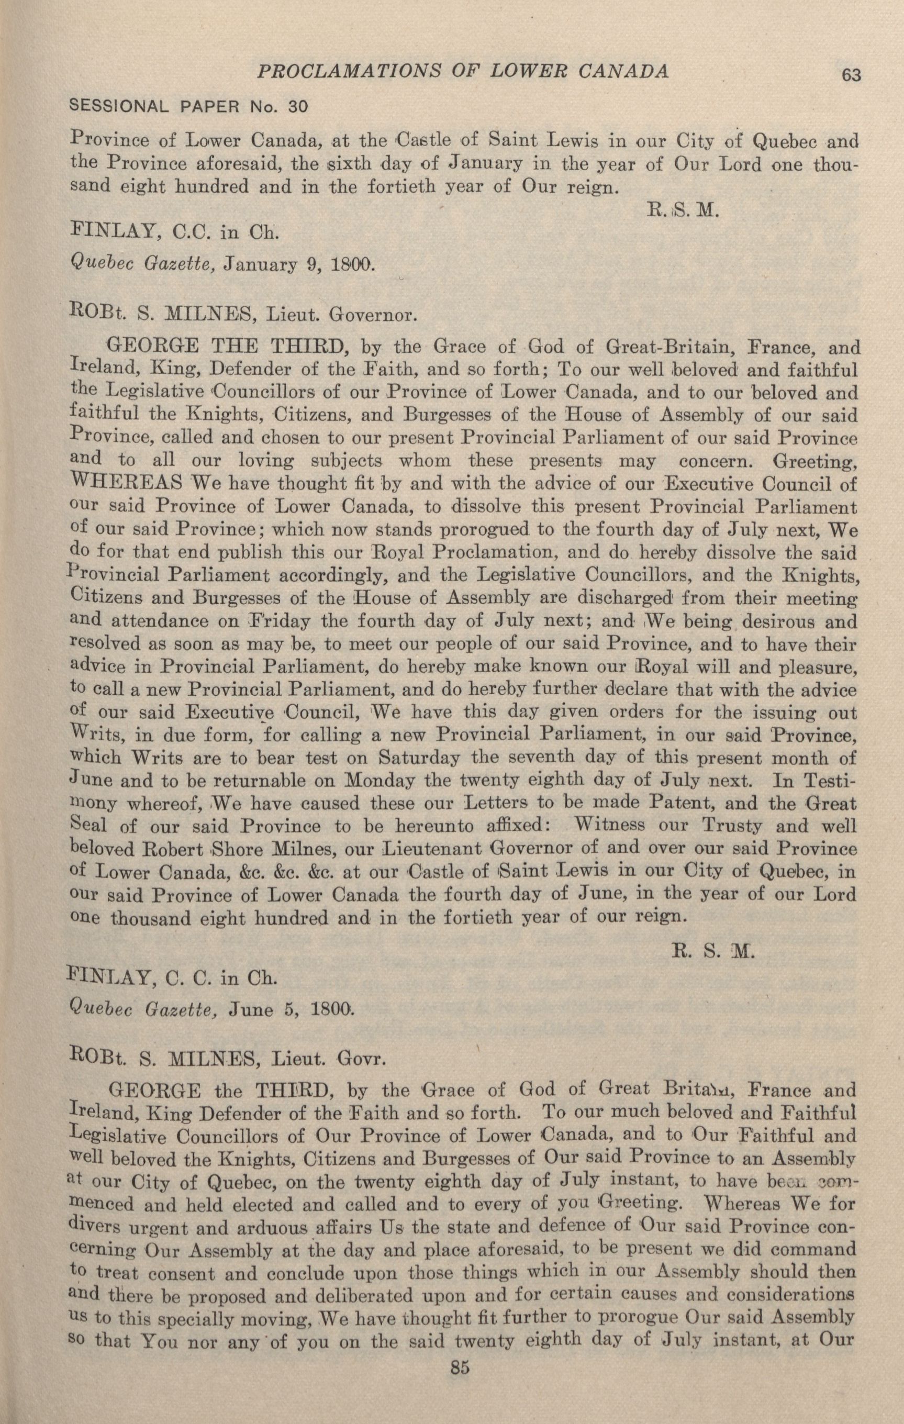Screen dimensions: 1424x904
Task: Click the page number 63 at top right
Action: (851, 75)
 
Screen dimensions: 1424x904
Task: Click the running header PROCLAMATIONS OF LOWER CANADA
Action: (461, 72)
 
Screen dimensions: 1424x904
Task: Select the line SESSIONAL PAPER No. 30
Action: (189, 106)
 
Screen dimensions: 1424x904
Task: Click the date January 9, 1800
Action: (299, 265)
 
